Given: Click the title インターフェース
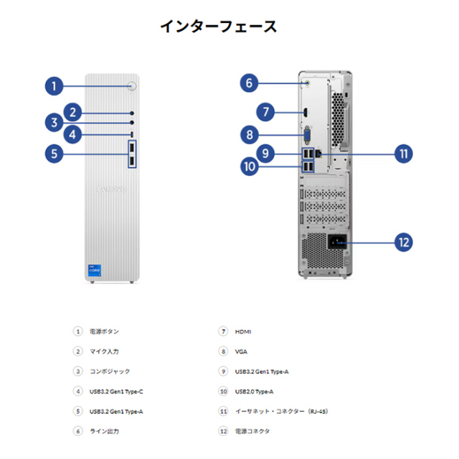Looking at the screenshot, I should coord(218,27).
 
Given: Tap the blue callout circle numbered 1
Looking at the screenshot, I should coord(54,87).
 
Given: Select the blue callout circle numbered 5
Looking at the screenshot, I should coord(54,153).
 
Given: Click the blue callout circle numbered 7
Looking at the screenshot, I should coord(265,111).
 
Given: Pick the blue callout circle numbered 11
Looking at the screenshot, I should coord(404,153).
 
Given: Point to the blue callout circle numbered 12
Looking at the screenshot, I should coord(404,242).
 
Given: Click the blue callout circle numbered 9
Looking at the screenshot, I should coord(265,153).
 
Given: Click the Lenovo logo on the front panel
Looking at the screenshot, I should coord(111,189).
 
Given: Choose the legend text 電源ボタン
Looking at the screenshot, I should coord(104,331).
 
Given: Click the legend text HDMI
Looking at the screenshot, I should coord(243,331).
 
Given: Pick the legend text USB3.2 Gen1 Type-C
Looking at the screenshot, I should coord(121,392).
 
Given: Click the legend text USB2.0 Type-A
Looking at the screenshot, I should coord(254,392).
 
